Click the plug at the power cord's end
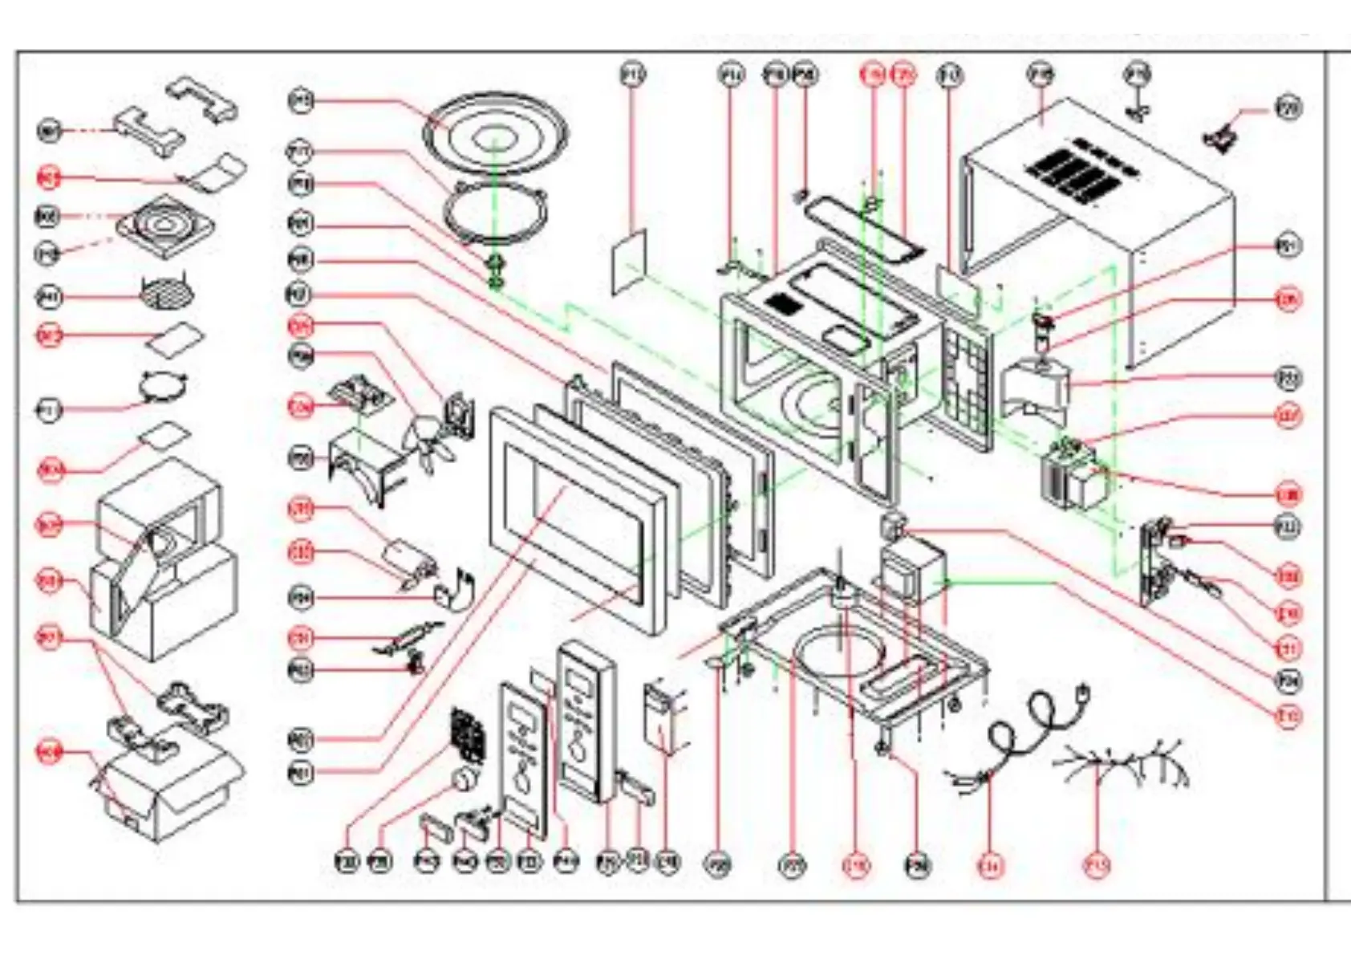1083,692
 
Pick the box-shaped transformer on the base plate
912,569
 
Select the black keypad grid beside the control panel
468,734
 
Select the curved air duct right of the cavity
1037,389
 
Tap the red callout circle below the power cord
991,865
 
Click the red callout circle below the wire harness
1097,865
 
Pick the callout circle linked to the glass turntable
301,101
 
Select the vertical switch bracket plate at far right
1156,562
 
